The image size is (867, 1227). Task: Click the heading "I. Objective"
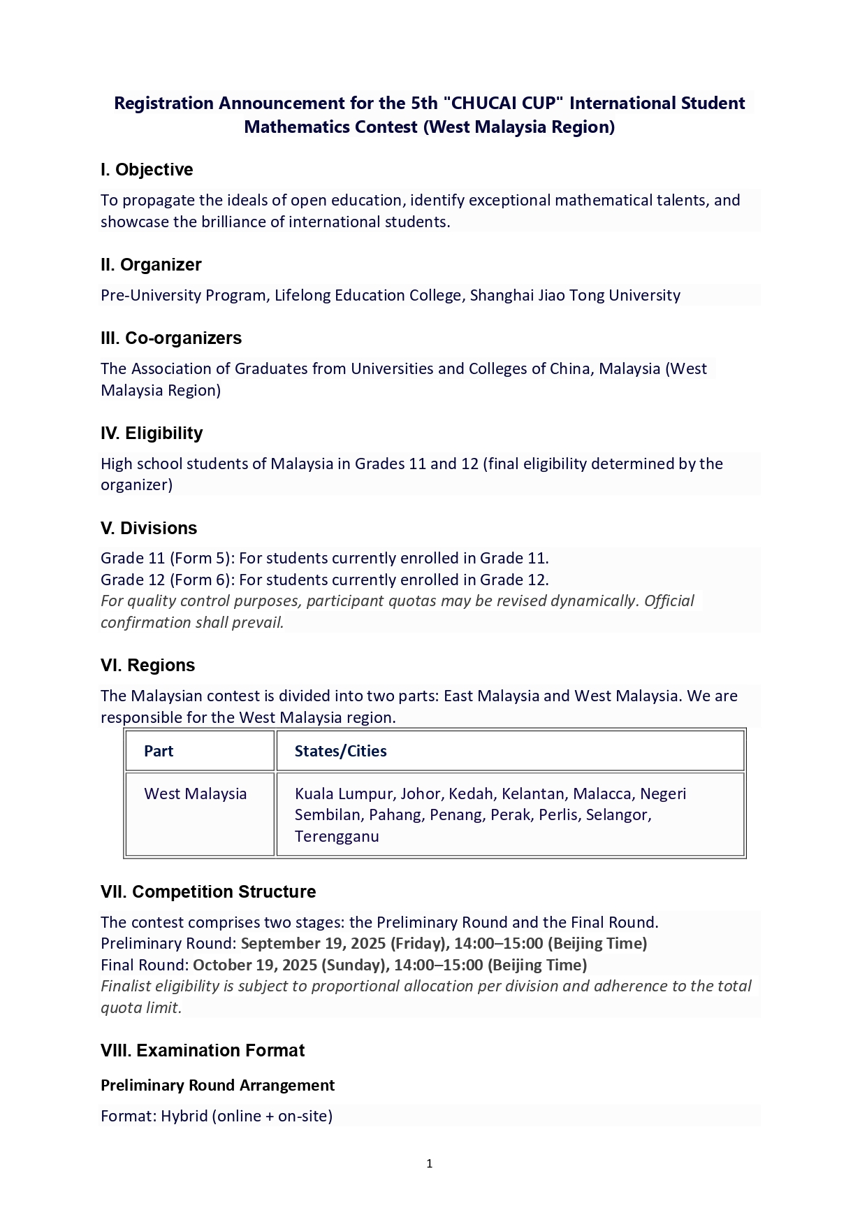click(x=147, y=170)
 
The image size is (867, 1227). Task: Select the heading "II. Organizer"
click(x=151, y=265)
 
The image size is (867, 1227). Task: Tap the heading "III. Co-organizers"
click(x=171, y=338)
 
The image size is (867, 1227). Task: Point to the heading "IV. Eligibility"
click(x=152, y=433)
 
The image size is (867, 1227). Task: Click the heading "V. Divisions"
click(x=149, y=529)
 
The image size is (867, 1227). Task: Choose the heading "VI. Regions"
click(x=147, y=666)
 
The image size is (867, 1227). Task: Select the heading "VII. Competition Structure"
click(x=208, y=892)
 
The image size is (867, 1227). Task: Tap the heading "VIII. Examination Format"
click(x=203, y=1051)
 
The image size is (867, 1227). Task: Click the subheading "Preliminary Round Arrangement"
click(x=217, y=1086)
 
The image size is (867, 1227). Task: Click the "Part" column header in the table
click(x=159, y=752)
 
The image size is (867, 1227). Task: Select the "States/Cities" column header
click(x=340, y=752)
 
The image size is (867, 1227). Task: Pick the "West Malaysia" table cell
click(x=196, y=794)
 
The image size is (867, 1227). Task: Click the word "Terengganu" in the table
click(x=337, y=837)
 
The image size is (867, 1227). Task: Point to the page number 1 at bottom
click(x=430, y=1164)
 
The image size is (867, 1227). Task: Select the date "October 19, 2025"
click(x=255, y=966)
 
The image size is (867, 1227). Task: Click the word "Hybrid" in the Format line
click(x=184, y=1117)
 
